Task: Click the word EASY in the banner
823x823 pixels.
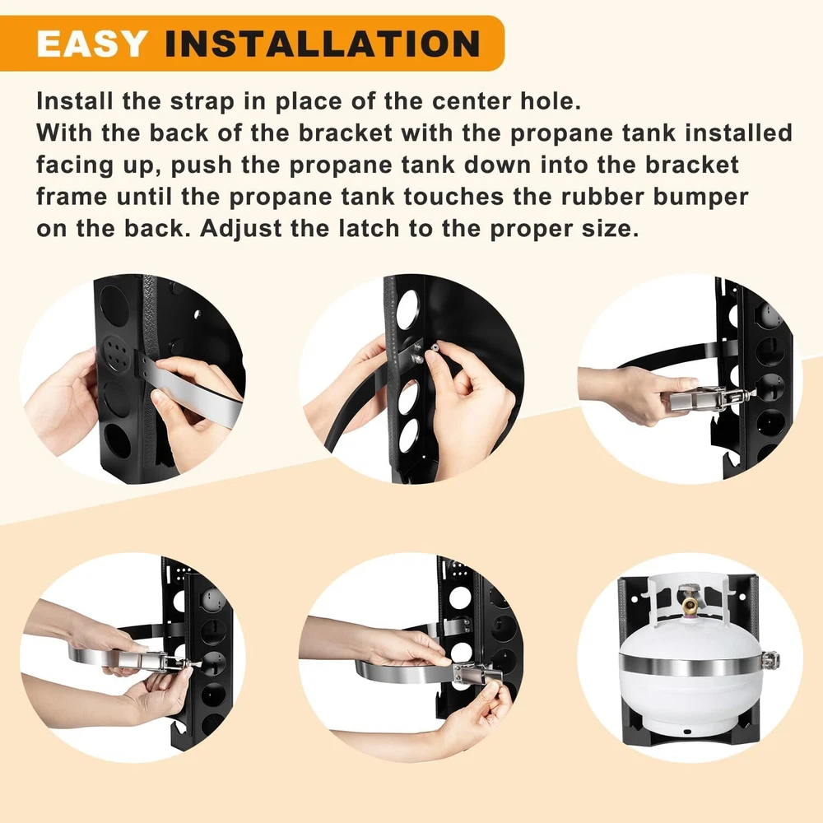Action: coord(91,43)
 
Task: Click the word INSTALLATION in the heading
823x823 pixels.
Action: coord(323,43)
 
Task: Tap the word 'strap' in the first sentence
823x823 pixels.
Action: coord(202,100)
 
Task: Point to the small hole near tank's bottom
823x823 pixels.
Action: coord(687,732)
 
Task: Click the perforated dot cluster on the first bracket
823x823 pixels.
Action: coord(115,349)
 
